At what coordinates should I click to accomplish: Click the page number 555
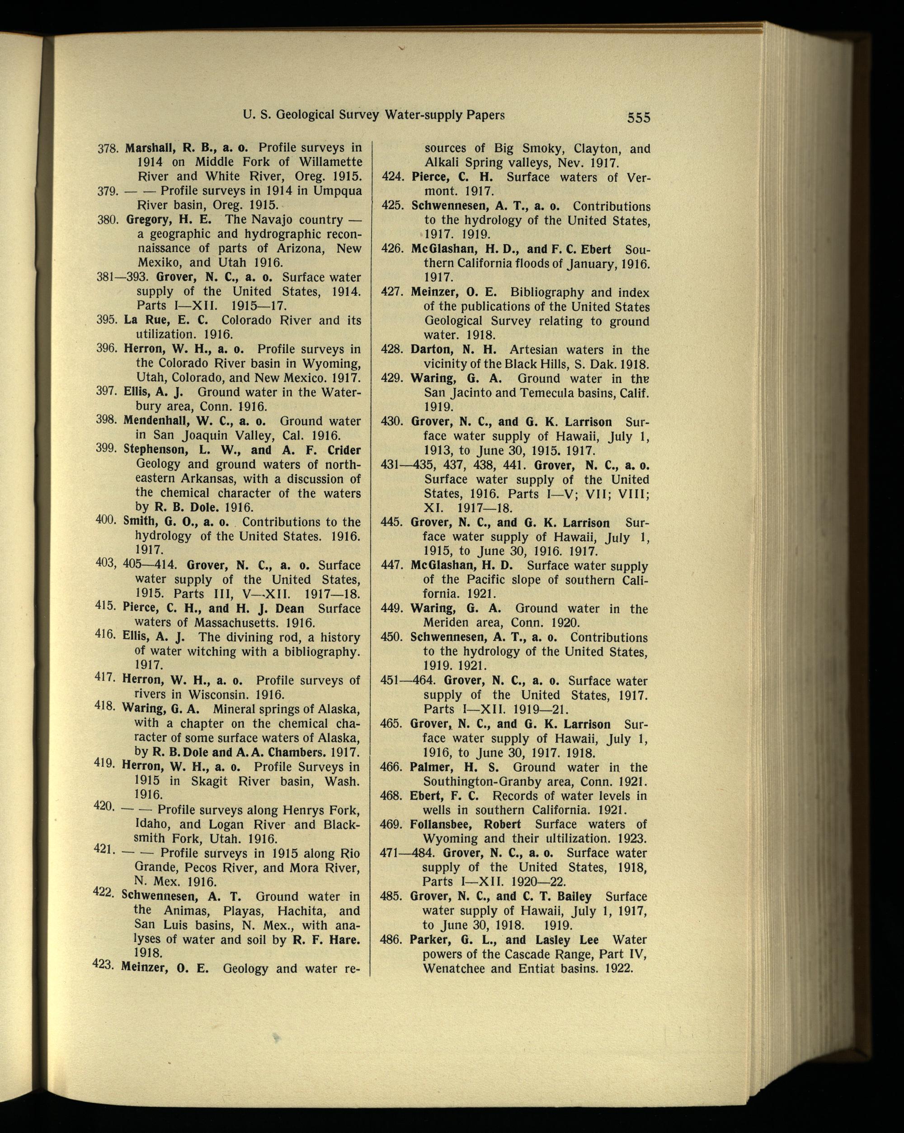click(x=638, y=117)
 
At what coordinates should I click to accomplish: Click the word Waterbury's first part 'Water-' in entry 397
click(x=336, y=392)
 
